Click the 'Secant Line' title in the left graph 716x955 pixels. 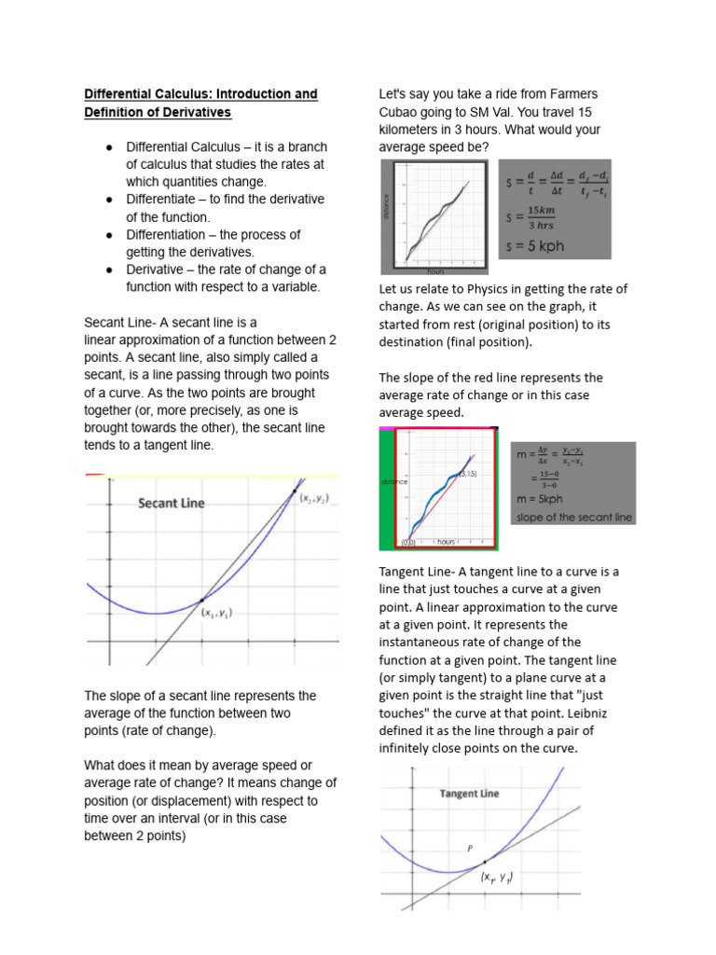click(171, 504)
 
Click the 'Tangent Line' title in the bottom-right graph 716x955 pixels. click(469, 794)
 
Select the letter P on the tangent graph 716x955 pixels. click(470, 848)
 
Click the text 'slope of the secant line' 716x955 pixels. click(573, 517)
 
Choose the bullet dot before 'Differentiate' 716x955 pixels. click(109, 200)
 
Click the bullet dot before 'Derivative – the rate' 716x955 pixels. click(109, 270)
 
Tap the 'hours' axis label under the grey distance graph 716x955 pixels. click(434, 271)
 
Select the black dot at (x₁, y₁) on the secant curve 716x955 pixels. click(202, 600)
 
